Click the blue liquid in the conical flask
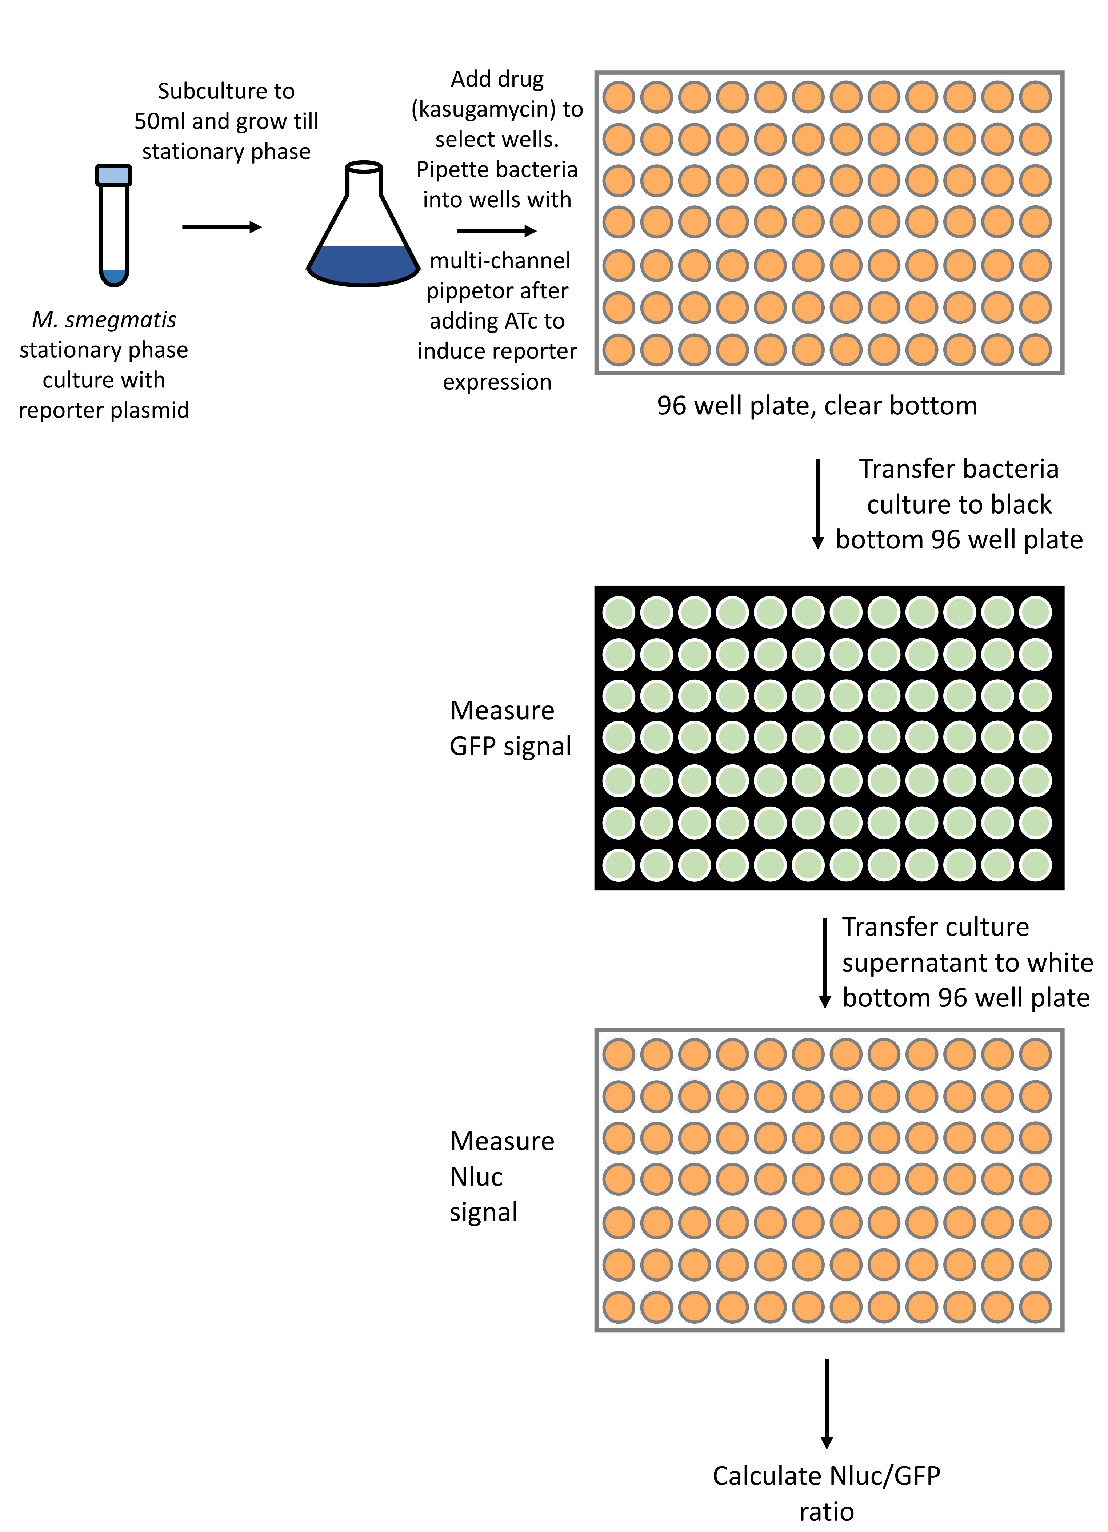[x=364, y=265]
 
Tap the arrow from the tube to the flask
[x=221, y=227]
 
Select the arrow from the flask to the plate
[x=497, y=231]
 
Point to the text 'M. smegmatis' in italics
[x=104, y=319]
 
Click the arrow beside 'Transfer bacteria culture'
[x=817, y=504]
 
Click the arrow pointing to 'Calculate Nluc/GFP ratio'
[x=826, y=1404]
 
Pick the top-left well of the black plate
[x=618, y=612]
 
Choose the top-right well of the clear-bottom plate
[x=1035, y=97]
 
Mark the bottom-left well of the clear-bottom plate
[x=618, y=350]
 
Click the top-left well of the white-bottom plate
[x=618, y=1054]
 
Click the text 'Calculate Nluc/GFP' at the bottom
[x=826, y=1476]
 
